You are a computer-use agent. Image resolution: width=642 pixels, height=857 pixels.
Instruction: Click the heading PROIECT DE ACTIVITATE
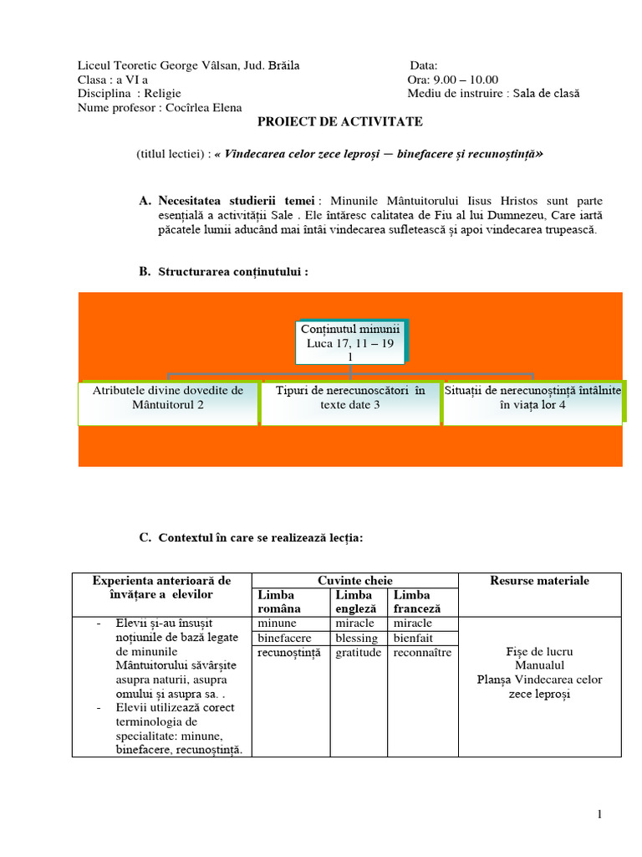pyautogui.click(x=339, y=122)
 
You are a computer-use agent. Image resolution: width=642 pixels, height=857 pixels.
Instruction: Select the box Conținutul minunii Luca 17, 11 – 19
pyautogui.click(x=349, y=342)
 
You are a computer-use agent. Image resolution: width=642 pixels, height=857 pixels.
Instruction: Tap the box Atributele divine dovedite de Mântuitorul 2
pyautogui.click(x=168, y=398)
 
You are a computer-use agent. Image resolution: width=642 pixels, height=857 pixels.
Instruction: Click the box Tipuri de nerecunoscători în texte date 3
pyautogui.click(x=350, y=398)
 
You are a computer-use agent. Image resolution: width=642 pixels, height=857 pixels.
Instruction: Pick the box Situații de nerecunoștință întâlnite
pyautogui.click(x=532, y=398)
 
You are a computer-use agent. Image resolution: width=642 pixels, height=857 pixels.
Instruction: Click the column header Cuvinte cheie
pyautogui.click(x=355, y=580)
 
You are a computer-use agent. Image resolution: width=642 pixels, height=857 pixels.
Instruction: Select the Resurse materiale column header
pyautogui.click(x=539, y=580)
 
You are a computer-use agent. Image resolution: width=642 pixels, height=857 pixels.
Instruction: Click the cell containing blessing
pyautogui.click(x=356, y=638)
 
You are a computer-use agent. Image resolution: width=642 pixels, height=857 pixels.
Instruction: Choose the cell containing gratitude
pyautogui.click(x=358, y=652)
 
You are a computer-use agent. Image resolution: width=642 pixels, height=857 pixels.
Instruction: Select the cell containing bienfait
pyautogui.click(x=412, y=638)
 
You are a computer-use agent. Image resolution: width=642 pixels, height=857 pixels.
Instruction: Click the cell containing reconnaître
pyautogui.click(x=422, y=652)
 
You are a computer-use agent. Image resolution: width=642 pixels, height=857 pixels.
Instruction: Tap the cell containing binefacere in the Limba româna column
pyautogui.click(x=284, y=638)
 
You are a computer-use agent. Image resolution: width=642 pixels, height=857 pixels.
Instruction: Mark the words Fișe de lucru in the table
pyautogui.click(x=539, y=651)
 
